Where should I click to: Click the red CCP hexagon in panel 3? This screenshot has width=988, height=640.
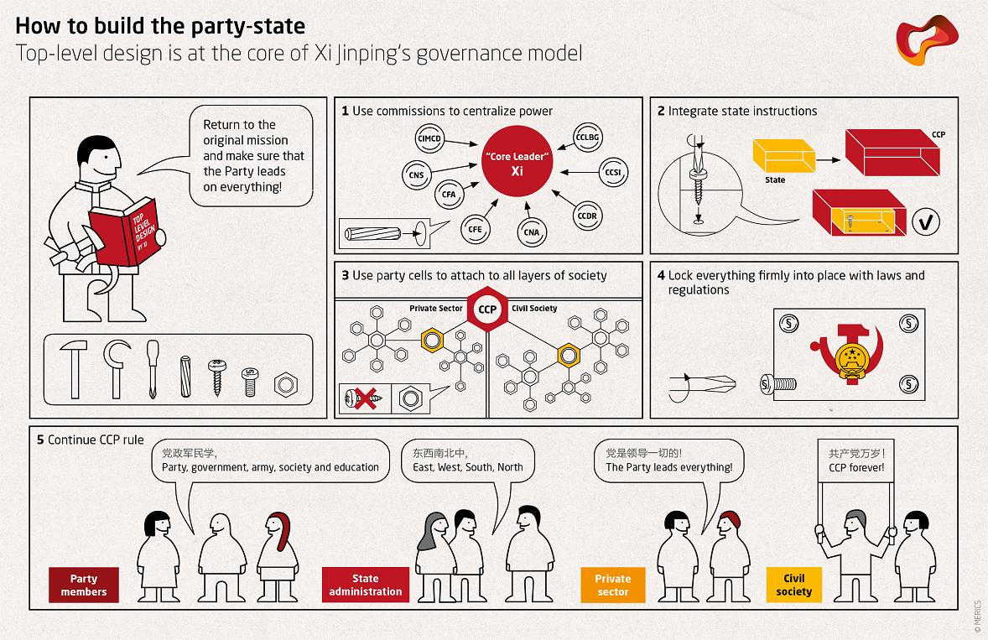click(487, 310)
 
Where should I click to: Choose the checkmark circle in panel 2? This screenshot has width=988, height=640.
click(925, 222)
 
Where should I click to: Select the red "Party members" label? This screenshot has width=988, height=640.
click(84, 585)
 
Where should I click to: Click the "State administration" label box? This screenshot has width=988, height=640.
click(366, 585)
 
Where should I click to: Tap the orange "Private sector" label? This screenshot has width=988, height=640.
click(613, 585)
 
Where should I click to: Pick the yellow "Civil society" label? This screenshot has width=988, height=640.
click(793, 585)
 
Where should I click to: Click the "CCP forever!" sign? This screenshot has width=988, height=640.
click(856, 460)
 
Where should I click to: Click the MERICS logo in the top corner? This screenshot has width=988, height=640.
click(927, 42)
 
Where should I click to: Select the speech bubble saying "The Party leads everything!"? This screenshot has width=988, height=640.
click(668, 460)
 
